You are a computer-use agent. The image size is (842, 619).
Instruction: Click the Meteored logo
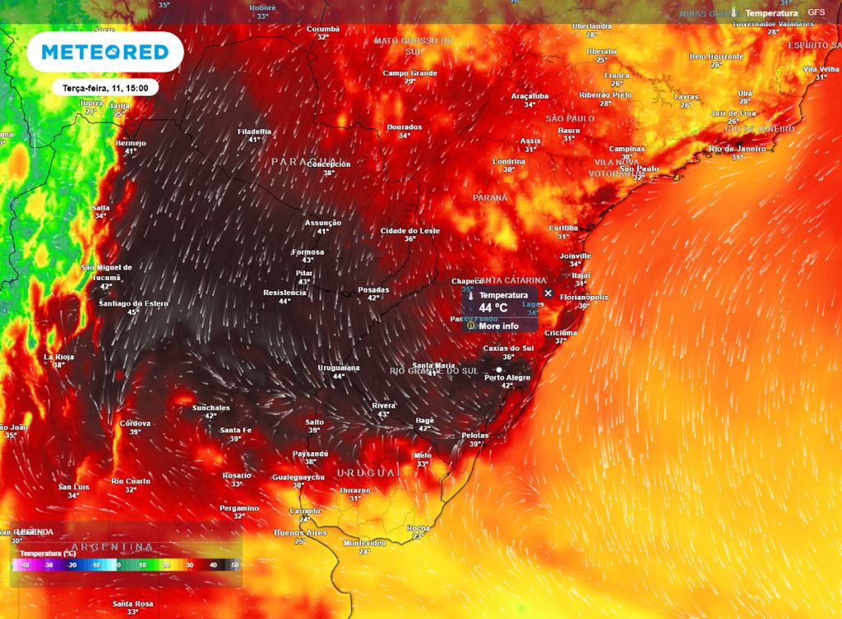pos(104,52)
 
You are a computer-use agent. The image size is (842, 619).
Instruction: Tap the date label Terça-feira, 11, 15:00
pos(104,86)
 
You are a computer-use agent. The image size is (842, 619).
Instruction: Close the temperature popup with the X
pos(548,293)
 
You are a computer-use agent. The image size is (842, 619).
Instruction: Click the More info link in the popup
pos(498,326)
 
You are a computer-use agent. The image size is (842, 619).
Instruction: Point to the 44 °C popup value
pos(493,307)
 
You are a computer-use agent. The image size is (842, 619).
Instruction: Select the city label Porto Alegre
pos(507,377)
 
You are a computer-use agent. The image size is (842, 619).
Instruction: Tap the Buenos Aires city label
pos(300,533)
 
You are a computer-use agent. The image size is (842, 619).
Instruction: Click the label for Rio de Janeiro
pos(738,149)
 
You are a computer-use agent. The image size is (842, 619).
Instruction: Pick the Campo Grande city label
pos(409,73)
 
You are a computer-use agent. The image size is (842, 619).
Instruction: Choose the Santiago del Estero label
pos(133,303)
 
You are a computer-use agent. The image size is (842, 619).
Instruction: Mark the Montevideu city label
pos(364,543)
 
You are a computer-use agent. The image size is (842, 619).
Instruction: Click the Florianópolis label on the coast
pos(584,297)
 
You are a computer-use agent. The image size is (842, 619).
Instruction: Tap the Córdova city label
pos(135,423)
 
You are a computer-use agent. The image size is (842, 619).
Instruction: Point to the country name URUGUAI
pos(368,473)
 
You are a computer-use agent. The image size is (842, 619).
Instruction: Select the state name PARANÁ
pos(490,198)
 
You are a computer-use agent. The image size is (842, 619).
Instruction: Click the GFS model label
pos(816,13)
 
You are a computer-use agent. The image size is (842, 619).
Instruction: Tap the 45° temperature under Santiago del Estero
pos(133,312)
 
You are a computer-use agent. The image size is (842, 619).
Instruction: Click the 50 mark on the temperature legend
pos(236,566)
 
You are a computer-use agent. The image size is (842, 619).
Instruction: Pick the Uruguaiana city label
pos(339,367)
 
